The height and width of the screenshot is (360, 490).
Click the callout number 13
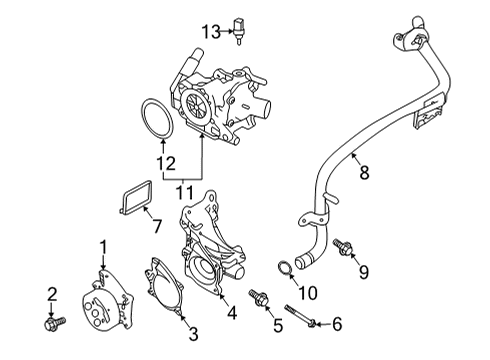pyautogui.click(x=211, y=32)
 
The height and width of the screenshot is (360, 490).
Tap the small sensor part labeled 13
pyautogui.click(x=238, y=30)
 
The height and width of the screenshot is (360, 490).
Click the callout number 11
pyautogui.click(x=185, y=192)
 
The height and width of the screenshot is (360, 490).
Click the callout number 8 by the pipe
pyautogui.click(x=364, y=172)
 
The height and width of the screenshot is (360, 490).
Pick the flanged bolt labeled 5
pyautogui.click(x=260, y=297)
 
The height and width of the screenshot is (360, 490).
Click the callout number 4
pyautogui.click(x=232, y=313)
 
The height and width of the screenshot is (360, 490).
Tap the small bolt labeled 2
pyautogui.click(x=55, y=322)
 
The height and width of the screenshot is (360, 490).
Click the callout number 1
pyautogui.click(x=103, y=247)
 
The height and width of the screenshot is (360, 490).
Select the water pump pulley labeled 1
pyautogui.click(x=108, y=302)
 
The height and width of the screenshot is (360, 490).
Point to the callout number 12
pyautogui.click(x=166, y=164)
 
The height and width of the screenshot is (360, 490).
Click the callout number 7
pyautogui.click(x=157, y=226)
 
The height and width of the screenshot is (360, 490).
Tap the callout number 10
pyautogui.click(x=308, y=293)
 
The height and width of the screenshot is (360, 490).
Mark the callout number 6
pyautogui.click(x=337, y=324)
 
